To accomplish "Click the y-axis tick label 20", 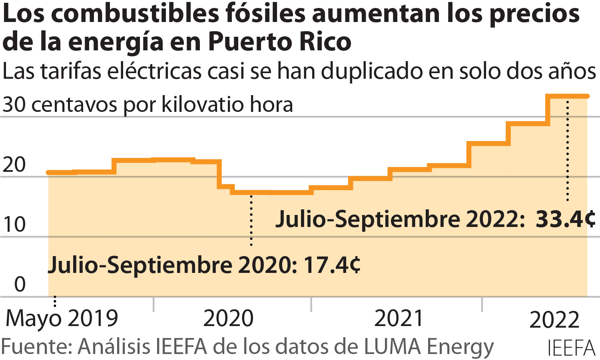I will [14, 165].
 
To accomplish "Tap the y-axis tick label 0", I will [20, 284].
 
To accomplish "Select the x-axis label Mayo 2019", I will [62, 318].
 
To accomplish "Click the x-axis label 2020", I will [228, 318].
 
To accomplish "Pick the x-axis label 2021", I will [399, 318].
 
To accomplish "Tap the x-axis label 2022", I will [554, 320].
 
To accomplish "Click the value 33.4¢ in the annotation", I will [565, 219].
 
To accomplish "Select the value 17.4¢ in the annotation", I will [332, 265].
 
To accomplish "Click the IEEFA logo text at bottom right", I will [571, 348].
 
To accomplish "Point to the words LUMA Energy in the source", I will [429, 346].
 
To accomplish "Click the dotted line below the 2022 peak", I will [567, 150].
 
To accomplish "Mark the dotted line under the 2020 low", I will [251, 220].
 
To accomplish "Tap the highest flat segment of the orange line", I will [568, 96].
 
